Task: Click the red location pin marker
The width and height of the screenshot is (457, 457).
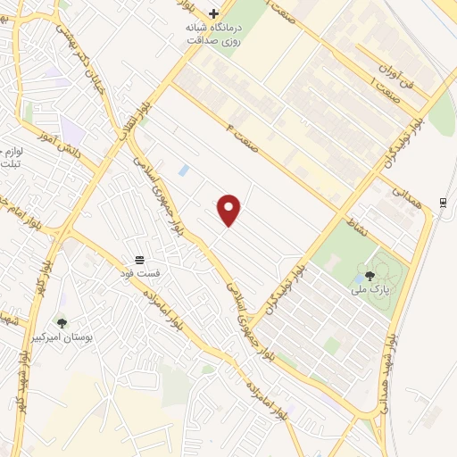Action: click(x=229, y=210)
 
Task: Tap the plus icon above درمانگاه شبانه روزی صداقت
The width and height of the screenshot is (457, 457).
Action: click(x=213, y=13)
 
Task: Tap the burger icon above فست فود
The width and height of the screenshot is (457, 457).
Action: click(x=141, y=259)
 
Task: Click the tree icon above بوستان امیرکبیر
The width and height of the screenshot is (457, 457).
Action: click(x=62, y=323)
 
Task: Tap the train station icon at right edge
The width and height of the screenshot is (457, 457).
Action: click(x=444, y=203)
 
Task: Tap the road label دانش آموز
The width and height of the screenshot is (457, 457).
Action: click(x=59, y=143)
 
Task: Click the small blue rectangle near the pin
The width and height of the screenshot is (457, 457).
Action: click(x=183, y=169)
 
